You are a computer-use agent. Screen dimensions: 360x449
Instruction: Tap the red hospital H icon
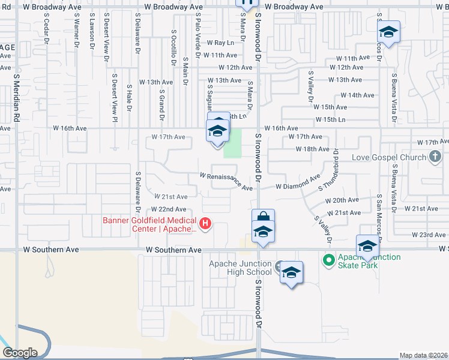pyautogui.click(x=206, y=224)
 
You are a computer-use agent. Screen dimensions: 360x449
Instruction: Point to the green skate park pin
pyautogui.click(x=328, y=260)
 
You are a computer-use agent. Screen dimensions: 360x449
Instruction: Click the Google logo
pyautogui.click(x=20, y=353)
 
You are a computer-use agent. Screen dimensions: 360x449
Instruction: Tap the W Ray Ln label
pyautogui.click(x=220, y=43)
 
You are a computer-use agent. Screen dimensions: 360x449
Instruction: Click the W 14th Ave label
pyautogui.click(x=357, y=95)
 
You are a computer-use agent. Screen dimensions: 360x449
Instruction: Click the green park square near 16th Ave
pyautogui.click(x=232, y=144)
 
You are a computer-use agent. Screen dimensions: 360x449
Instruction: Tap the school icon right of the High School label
pyautogui.click(x=291, y=273)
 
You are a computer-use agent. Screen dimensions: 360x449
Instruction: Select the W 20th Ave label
pyautogui.click(x=342, y=200)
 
